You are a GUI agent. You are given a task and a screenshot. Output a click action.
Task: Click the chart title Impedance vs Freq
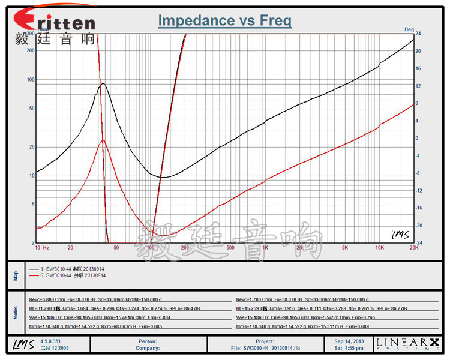(x=224, y=21)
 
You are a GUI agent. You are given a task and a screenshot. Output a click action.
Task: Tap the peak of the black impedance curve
(x=103, y=84)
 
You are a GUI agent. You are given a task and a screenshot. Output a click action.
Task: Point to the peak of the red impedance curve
(x=103, y=140)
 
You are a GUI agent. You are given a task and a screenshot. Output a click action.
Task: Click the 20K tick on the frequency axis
(x=413, y=247)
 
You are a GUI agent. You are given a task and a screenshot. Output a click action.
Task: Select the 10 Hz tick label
(x=41, y=247)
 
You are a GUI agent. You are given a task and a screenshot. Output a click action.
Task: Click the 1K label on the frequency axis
(x=265, y=247)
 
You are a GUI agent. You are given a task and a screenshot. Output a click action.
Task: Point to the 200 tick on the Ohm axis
(x=31, y=50)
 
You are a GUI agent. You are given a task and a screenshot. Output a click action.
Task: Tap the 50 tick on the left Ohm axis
(x=32, y=109)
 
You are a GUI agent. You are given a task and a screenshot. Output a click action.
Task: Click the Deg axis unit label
(x=409, y=29)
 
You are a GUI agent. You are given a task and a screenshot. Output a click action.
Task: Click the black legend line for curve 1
(x=33, y=268)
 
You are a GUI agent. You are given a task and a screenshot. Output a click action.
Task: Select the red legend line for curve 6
(x=33, y=275)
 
